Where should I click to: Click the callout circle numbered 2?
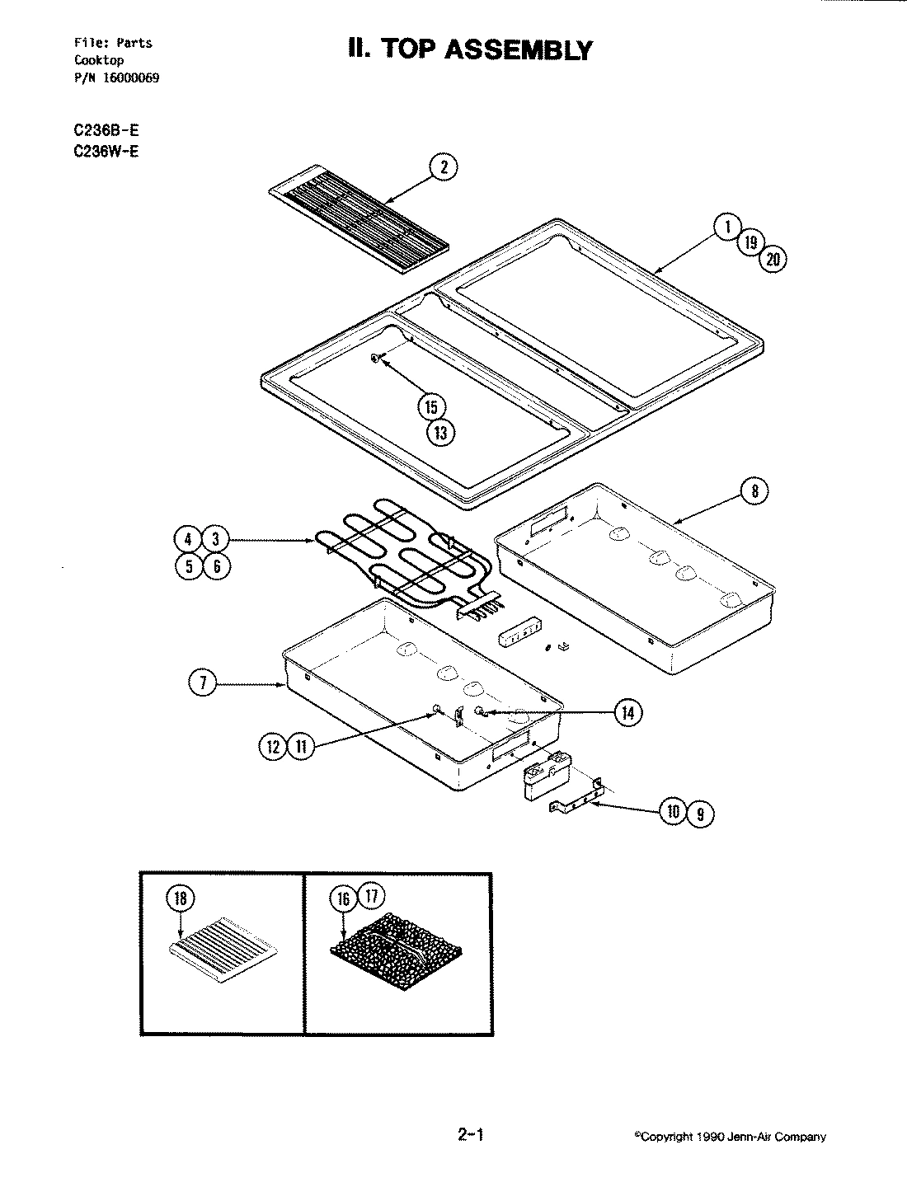[444, 168]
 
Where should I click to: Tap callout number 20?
[773, 259]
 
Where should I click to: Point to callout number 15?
[432, 406]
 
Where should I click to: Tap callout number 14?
[628, 712]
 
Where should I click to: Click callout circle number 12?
[273, 748]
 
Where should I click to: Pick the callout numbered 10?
[673, 813]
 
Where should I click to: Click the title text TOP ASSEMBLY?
[470, 50]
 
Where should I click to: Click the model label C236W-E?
[106, 151]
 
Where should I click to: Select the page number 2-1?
[469, 1135]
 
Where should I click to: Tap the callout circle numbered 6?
[217, 566]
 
